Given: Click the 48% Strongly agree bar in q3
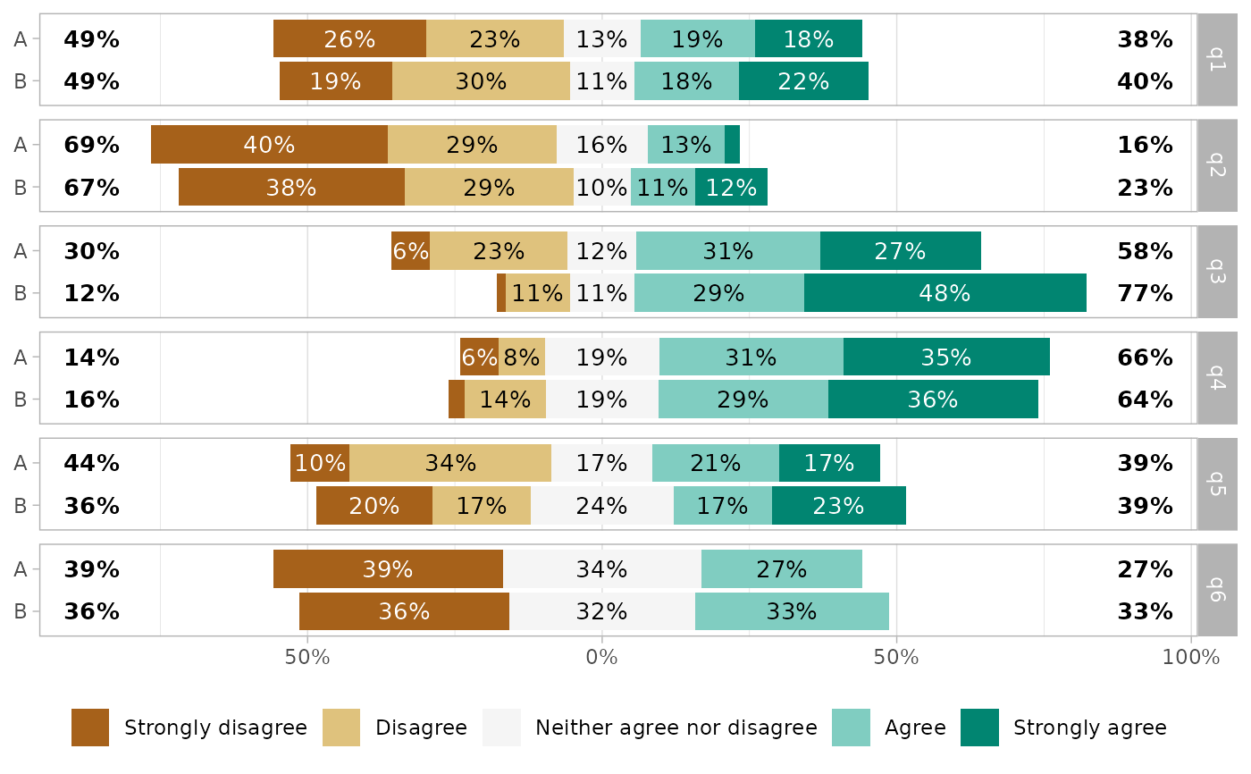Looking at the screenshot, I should (x=945, y=293).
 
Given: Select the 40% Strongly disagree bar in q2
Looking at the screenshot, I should (x=269, y=145).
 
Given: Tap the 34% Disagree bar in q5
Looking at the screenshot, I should (x=449, y=463).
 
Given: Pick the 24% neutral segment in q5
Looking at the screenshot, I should (x=601, y=506).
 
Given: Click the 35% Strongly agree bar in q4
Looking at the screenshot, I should (x=945, y=358).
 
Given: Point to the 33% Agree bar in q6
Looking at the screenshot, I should (x=791, y=611).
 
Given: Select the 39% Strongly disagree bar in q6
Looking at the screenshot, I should (x=388, y=569).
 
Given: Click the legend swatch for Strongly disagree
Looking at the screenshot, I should (x=90, y=728).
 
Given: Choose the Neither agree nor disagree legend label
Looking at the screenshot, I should (x=676, y=728).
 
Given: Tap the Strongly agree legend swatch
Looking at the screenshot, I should (x=979, y=728).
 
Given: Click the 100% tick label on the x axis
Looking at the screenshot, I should (x=1191, y=659).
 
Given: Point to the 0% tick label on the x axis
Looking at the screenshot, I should (x=601, y=659).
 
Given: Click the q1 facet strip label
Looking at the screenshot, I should (x=1217, y=60).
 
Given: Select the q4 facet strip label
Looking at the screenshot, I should (x=1217, y=378).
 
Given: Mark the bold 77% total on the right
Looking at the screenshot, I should (x=1145, y=293).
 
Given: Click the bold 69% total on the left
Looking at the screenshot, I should (x=91, y=145).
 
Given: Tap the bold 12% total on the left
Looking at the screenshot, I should (x=91, y=293).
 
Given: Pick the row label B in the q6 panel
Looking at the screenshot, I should (x=21, y=611).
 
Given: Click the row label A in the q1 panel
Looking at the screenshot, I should (x=21, y=39).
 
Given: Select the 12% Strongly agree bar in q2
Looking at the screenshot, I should (x=731, y=188).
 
